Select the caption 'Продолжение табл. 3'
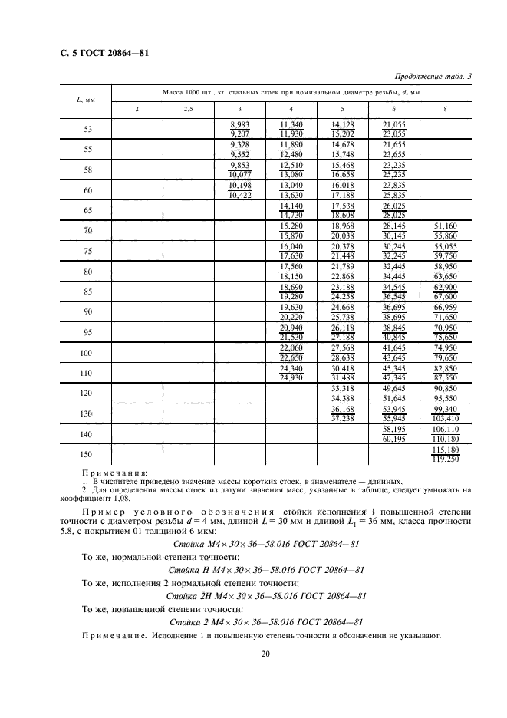tap(433, 77)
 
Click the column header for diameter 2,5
tap(189, 110)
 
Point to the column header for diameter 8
tap(445, 110)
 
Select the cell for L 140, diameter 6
tap(393, 433)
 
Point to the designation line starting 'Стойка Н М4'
tap(265, 570)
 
